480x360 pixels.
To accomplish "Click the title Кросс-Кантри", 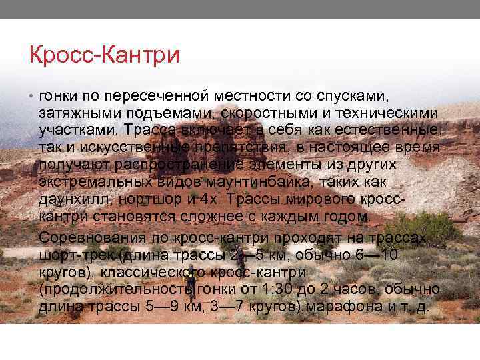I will tap(105, 55).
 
